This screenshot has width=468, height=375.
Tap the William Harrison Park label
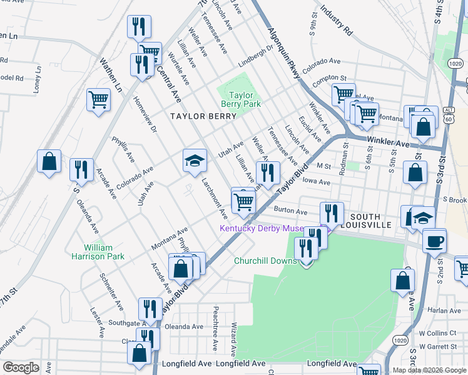(104, 252)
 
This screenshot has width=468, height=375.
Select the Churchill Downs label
(265, 261)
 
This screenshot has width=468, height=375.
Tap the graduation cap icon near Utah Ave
(195, 161)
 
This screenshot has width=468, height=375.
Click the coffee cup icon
(434, 241)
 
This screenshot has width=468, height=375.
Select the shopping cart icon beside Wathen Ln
(99, 100)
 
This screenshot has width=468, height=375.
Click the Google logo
(21, 367)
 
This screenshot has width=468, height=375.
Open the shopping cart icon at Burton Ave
(243, 201)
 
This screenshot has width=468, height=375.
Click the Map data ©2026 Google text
(429, 370)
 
